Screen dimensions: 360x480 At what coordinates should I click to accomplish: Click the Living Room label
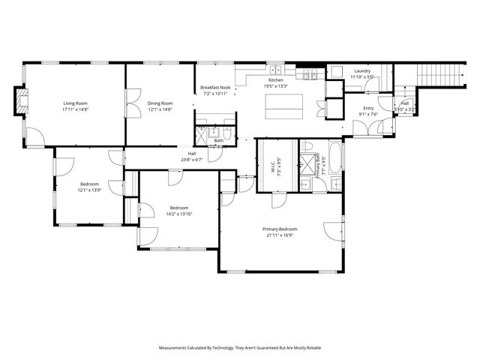pyautogui.click(x=75, y=103)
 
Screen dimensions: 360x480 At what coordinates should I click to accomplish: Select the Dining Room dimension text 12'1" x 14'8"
pyautogui.click(x=159, y=109)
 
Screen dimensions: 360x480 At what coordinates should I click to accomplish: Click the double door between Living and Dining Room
pyautogui.click(x=132, y=100)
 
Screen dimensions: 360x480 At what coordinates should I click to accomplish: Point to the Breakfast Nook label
pyautogui.click(x=214, y=88)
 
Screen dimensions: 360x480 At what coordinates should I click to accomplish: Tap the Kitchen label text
pyautogui.click(x=276, y=79)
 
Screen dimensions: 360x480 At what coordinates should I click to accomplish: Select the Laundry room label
pyautogui.click(x=362, y=71)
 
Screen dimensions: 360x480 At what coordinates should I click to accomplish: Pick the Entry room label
pyautogui.click(x=368, y=108)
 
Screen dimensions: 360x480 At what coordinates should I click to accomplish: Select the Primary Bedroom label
pyautogui.click(x=279, y=229)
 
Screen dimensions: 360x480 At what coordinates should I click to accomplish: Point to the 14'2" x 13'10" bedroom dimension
pyautogui.click(x=178, y=214)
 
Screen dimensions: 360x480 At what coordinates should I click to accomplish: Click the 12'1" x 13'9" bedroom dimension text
pyautogui.click(x=89, y=190)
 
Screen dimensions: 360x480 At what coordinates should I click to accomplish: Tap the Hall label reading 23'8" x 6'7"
pyautogui.click(x=192, y=160)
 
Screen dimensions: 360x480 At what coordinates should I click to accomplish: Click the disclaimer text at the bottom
pyautogui.click(x=240, y=348)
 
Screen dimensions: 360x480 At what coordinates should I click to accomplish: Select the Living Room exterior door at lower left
pyautogui.click(x=34, y=136)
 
